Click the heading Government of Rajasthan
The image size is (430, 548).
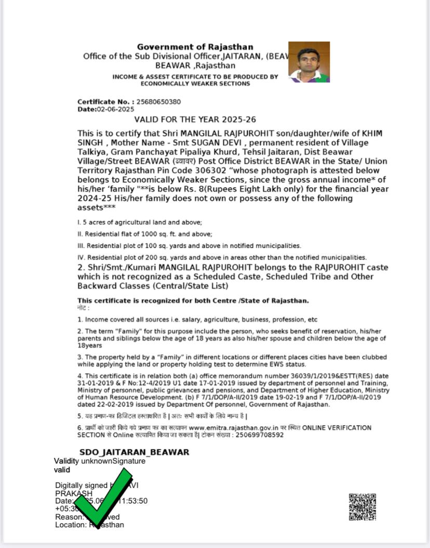coord(195,47)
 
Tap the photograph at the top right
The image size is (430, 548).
coord(309,62)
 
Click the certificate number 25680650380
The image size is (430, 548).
coord(158,102)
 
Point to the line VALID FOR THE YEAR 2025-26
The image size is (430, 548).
coord(195,120)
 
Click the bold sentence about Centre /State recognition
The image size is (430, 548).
coord(193,301)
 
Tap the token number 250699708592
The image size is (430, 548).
coord(260,435)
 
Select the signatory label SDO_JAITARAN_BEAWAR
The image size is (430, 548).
coord(134,452)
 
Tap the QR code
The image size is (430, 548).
coord(362,507)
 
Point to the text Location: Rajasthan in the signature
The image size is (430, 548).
coord(89,525)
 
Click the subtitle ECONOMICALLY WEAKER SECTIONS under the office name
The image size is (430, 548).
coord(195,83)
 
